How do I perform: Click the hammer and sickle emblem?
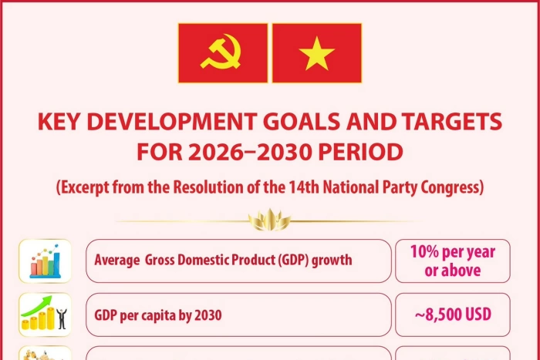[223, 53]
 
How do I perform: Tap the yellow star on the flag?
[317, 53]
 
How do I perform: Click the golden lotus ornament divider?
[269, 222]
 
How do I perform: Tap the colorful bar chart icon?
[45, 260]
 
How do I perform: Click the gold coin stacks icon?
[45, 315]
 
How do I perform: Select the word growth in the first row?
[332, 261]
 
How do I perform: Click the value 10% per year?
[453, 252]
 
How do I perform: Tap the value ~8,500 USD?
[453, 315]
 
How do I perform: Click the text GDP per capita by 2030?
[158, 315]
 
